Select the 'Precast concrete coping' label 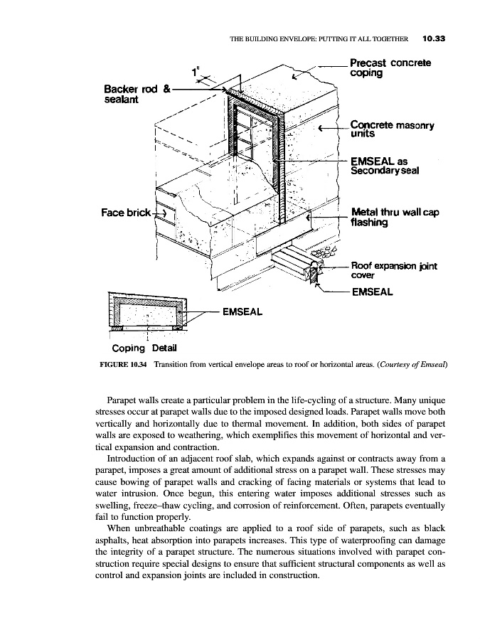390,68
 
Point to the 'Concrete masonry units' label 393,127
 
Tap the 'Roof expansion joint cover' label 394,270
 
